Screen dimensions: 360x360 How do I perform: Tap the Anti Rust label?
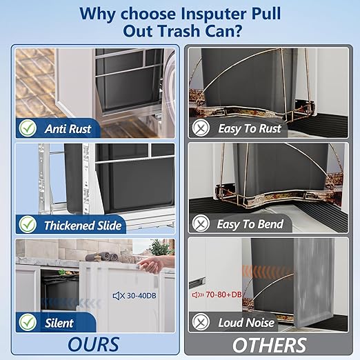[68, 128]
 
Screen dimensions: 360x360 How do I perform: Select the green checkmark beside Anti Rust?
[28, 128]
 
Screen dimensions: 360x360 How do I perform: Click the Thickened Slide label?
[83, 225]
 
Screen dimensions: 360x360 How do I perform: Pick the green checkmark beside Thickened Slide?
[28, 224]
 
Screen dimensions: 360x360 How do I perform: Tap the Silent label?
[59, 321]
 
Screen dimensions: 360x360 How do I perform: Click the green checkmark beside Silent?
[28, 321]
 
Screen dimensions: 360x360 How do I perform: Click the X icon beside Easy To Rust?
[201, 128]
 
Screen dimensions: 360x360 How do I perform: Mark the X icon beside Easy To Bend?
[201, 223]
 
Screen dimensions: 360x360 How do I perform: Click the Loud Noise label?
[246, 322]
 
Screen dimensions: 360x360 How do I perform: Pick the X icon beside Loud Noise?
[201, 321]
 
